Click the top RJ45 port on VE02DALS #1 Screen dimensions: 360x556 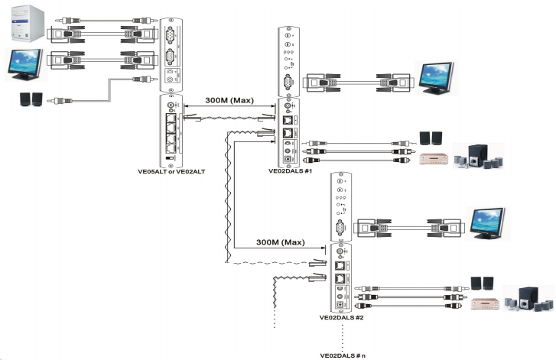point(288,120)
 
